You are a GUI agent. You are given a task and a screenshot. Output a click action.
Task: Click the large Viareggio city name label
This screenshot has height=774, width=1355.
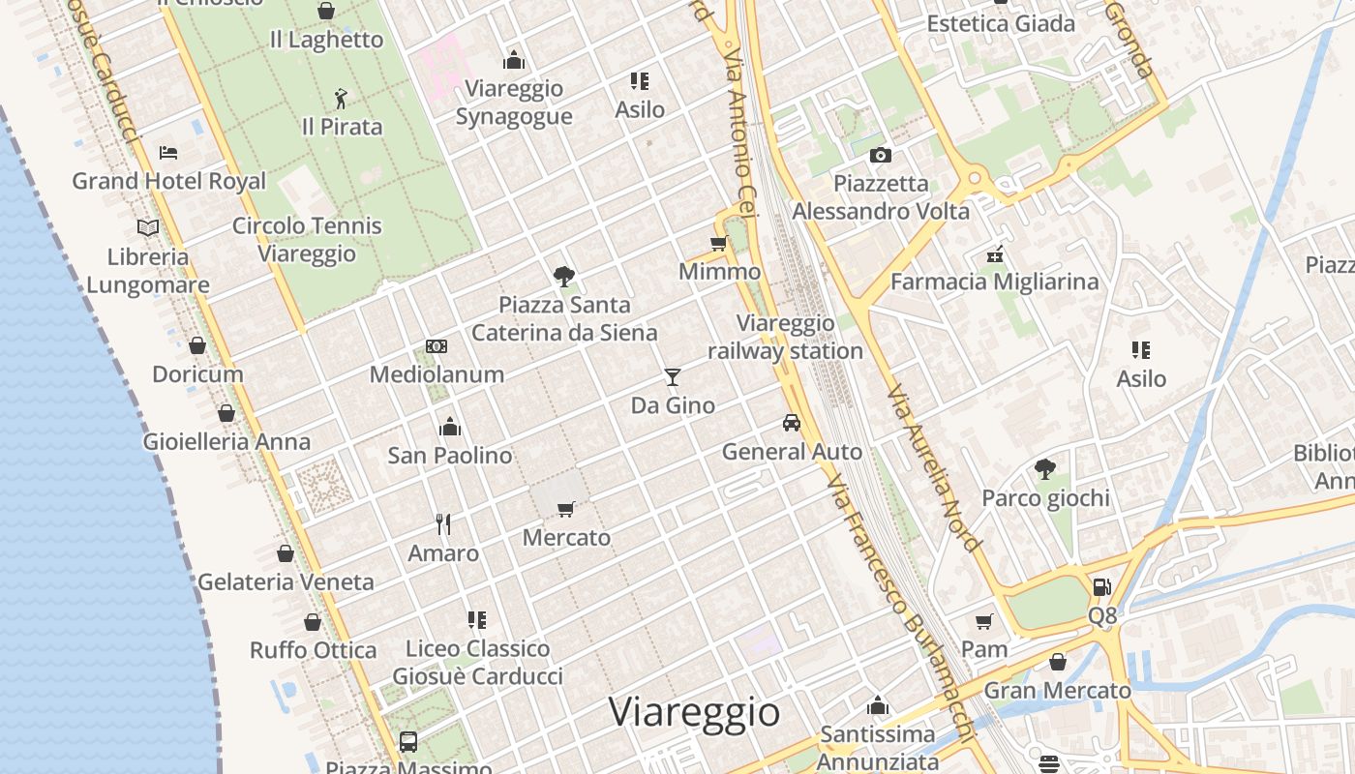(694, 712)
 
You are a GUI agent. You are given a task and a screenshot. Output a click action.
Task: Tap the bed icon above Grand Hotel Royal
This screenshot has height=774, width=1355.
(168, 153)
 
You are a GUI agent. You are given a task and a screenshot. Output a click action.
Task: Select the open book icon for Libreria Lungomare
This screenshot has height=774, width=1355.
(147, 227)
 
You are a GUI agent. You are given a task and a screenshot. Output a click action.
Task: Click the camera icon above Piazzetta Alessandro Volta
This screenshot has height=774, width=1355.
(880, 155)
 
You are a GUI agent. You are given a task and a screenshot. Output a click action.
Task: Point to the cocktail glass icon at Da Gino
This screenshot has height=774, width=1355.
(673, 376)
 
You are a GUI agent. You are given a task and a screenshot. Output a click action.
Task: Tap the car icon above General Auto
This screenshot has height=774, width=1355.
(792, 423)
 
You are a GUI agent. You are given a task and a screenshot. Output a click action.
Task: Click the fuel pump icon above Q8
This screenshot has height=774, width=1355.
(1101, 586)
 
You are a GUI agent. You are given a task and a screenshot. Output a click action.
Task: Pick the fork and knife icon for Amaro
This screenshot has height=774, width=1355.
(443, 524)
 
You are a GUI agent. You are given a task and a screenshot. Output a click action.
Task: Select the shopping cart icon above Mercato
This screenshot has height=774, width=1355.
(566, 509)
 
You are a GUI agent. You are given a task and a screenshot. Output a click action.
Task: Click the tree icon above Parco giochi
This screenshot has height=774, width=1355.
(1045, 469)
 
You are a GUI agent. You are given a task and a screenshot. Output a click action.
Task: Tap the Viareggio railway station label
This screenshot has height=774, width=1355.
(785, 337)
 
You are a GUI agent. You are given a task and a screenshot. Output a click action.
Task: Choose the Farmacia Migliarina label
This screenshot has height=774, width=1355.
(994, 282)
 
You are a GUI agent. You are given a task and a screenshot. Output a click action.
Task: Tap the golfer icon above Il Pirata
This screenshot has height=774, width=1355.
(340, 99)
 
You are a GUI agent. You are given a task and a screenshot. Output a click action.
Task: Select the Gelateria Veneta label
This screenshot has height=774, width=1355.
(286, 582)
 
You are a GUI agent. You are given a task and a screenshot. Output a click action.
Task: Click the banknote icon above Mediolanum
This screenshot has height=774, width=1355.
(437, 346)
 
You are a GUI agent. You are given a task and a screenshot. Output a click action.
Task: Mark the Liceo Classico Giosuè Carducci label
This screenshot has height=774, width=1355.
(477, 662)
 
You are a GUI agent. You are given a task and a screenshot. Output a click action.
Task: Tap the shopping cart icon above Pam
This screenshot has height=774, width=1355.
(984, 621)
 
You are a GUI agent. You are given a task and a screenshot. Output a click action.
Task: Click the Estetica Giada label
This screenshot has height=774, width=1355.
(1001, 23)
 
